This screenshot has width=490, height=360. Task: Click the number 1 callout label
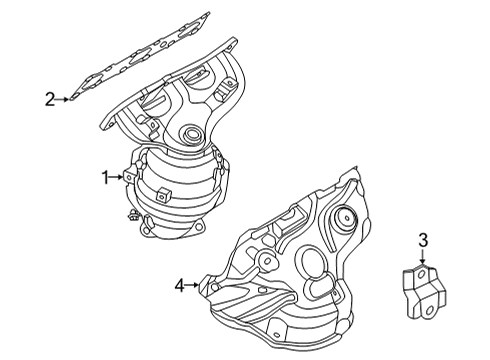103,178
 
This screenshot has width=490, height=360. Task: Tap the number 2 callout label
48,98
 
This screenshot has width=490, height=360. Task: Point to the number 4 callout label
180,286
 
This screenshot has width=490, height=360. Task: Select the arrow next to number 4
194,286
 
